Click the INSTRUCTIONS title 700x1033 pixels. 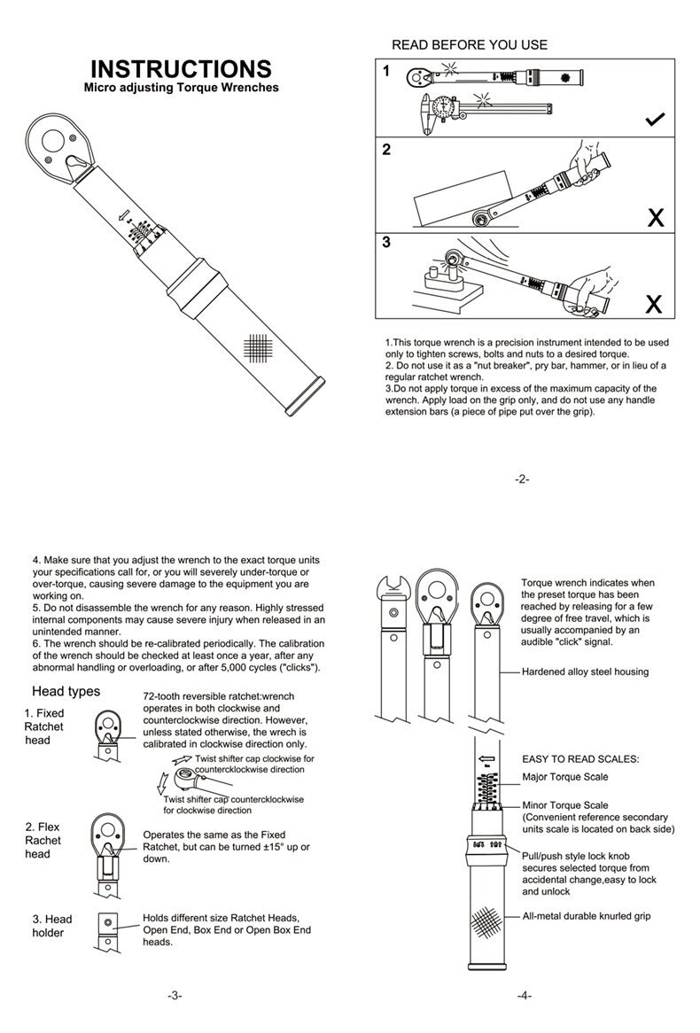pyautogui.click(x=181, y=69)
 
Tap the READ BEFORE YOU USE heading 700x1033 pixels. pyautogui.click(x=470, y=44)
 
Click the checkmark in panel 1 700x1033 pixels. pyautogui.click(x=656, y=120)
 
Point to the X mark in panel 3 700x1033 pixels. pyautogui.click(x=654, y=304)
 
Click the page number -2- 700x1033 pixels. pyautogui.click(x=522, y=479)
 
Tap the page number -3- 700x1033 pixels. pyautogui.click(x=175, y=995)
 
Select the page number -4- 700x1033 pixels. pyautogui.click(x=525, y=995)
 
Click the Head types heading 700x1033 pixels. pyautogui.click(x=66, y=691)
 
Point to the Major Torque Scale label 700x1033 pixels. pyautogui.click(x=564, y=777)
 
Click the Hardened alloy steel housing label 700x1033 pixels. pyautogui.click(x=585, y=672)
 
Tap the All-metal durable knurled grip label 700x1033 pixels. pyautogui.click(x=586, y=916)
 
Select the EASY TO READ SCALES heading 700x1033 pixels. pyautogui.click(x=580, y=759)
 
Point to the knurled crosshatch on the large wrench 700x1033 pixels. pyautogui.click(x=257, y=348)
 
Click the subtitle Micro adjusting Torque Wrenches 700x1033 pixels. pyautogui.click(x=181, y=88)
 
